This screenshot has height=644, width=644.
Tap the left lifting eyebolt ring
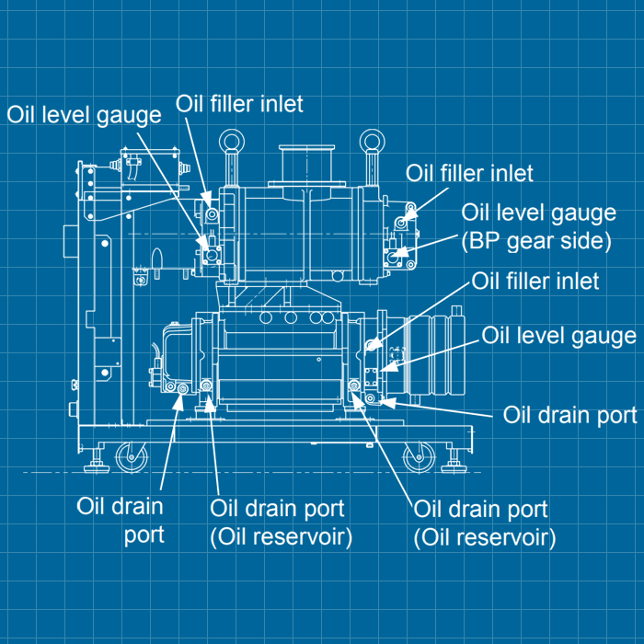tap(227, 143)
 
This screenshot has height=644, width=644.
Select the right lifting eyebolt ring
tap(373, 142)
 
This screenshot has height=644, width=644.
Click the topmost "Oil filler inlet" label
tap(239, 103)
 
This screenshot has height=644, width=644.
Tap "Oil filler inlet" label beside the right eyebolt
tap(469, 173)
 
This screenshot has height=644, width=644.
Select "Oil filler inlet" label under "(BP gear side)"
tap(535, 280)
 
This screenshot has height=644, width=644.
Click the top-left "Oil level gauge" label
tap(85, 114)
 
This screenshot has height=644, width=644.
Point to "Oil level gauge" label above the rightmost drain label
tap(558, 336)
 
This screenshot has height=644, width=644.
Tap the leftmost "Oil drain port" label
tap(121, 519)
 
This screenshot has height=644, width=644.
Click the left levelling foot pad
tap(95, 466)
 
